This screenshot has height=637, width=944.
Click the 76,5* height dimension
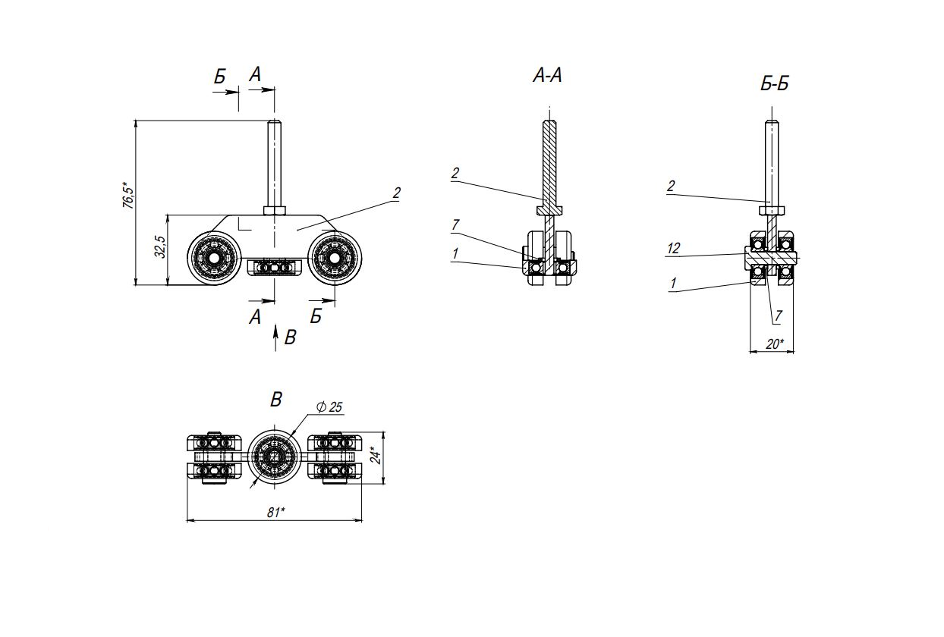(x=127, y=196)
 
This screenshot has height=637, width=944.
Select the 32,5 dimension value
(x=160, y=246)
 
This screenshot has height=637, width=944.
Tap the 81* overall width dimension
(x=276, y=512)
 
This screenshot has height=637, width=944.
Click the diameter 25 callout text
(x=329, y=407)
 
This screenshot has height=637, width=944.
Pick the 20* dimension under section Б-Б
(x=775, y=344)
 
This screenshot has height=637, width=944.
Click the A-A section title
(x=547, y=75)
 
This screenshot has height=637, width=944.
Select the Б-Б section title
(x=775, y=83)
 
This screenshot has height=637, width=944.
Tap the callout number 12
(x=673, y=248)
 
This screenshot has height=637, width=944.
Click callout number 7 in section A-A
(x=455, y=225)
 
